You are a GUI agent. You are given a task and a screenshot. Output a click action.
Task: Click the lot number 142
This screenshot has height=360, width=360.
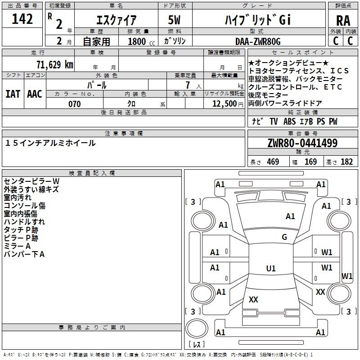tap(22, 19)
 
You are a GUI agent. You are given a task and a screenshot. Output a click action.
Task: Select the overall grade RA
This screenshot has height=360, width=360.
tap(343, 21)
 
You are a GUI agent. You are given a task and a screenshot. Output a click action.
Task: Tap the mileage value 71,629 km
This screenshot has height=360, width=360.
tap(55, 65)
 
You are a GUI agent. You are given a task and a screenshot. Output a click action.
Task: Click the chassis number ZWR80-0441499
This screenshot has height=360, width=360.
tap(302, 143)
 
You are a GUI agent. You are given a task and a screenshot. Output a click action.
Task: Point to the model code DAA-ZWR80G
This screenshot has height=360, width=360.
tap(258, 41)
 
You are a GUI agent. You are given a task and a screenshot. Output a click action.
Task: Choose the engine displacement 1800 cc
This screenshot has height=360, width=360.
tap(141, 41)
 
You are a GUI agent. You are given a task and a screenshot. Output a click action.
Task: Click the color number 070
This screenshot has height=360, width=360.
tap(75, 104)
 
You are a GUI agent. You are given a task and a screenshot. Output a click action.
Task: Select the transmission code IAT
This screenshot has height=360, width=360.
tap(13, 94)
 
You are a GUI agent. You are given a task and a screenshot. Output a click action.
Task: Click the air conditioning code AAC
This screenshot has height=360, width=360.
tap(35, 94)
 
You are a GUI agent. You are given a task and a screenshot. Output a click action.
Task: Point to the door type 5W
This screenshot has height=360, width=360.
tap(174, 20)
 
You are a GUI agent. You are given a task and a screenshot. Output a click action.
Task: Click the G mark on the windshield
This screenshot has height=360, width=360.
tap(284, 237)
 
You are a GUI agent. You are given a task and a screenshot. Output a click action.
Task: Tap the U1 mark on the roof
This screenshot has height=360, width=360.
tap(271, 268)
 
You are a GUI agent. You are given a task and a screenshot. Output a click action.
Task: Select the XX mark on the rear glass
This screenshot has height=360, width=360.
tap(253, 299)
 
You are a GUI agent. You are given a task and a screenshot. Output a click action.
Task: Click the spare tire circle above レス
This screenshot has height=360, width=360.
tap(197, 328)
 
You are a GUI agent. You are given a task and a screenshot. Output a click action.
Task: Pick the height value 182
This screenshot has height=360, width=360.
tap(346, 162)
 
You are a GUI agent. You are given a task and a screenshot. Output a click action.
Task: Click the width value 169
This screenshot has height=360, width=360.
tap(310, 162)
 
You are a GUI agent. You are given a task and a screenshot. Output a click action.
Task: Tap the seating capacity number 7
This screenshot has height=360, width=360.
tap(188, 85)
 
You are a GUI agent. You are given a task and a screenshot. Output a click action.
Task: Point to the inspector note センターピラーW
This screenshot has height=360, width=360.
tap(31, 181)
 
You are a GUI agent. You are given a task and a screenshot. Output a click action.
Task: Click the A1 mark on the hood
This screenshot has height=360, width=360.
tap(290, 216)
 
